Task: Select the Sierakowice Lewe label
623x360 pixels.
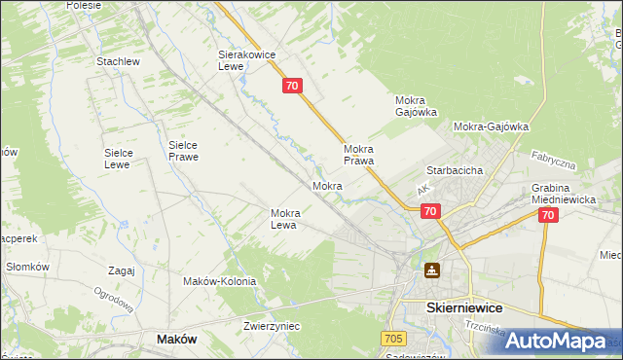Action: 243,61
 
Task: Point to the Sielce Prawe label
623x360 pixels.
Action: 183,150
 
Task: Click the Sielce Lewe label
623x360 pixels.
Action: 125,159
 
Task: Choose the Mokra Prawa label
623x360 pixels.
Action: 359,155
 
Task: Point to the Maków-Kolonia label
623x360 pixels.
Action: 219,281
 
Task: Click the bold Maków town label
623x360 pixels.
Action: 176,339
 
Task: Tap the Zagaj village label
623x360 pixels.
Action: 122,270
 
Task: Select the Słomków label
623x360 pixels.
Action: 27,267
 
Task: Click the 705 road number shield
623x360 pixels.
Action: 392,338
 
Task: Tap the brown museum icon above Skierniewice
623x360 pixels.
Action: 431,270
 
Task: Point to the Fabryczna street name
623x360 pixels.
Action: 554,161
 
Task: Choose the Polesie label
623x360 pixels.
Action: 85,5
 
